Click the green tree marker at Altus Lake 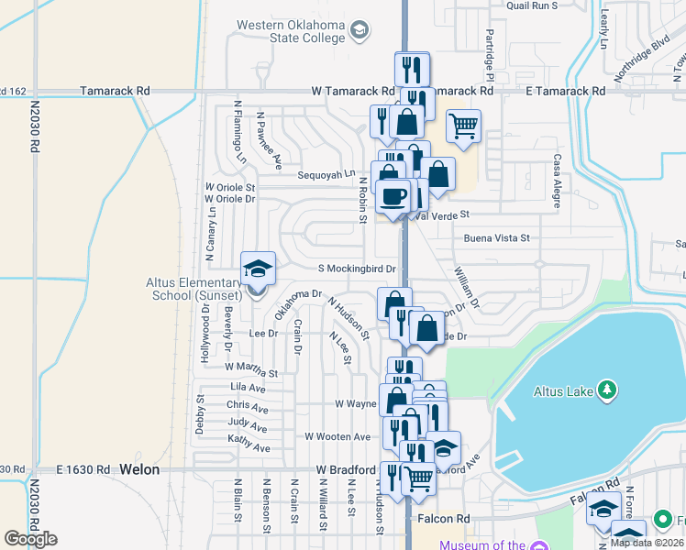605,390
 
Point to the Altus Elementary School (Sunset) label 193,288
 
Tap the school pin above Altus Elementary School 258,269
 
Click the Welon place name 139,469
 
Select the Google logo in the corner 30,539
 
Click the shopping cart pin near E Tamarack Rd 464,125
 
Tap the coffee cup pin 393,196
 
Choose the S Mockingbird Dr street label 357,269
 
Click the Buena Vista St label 497,238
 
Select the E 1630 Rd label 83,469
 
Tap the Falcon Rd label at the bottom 444,519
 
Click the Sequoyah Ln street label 325,174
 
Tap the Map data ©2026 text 647,542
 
